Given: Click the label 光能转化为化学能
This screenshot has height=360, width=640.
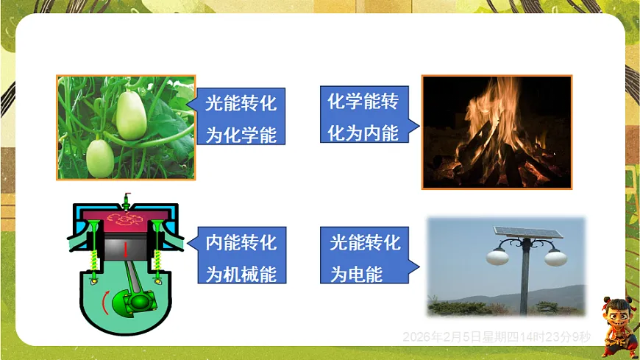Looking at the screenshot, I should pos(241,119).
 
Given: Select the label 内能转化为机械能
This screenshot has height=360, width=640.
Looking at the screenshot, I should pos(241,257).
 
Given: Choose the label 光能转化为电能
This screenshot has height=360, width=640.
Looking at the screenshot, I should pos(363,257).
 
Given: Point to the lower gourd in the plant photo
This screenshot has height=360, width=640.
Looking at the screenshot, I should pos(99,157).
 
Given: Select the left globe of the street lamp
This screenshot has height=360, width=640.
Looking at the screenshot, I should pos(499,257).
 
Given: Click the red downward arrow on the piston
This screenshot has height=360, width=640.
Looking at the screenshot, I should pos(126,250).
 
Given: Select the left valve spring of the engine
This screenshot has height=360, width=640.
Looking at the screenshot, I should pos(95,257).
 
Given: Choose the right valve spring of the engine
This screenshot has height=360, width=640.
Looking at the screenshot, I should pos(159,257).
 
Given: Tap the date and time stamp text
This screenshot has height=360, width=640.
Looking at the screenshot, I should pos(497,337).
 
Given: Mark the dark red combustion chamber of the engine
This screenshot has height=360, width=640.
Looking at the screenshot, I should pos(127,218).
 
